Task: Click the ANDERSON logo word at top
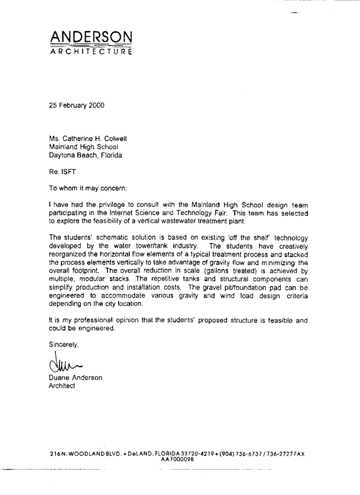click(x=91, y=37)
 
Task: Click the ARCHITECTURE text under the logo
click(x=91, y=52)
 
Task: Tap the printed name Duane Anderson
click(x=76, y=378)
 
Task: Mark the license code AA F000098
click(x=177, y=459)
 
